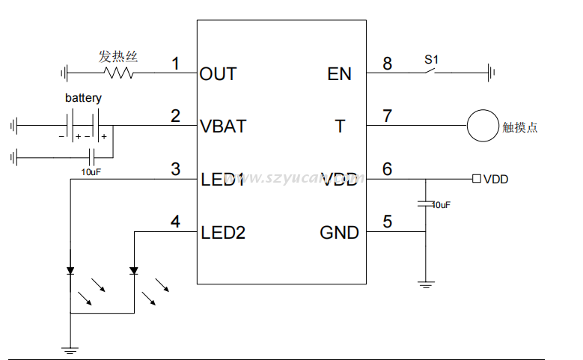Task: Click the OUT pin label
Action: point(218,73)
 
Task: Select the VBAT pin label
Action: point(223,126)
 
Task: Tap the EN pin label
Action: point(339,73)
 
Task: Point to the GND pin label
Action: point(339,233)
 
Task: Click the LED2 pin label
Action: point(223,233)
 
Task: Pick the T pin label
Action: point(340,126)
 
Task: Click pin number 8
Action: point(387,64)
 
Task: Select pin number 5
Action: point(387,222)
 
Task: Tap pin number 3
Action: point(175,169)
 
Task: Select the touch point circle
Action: point(483,126)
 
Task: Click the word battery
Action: point(83,98)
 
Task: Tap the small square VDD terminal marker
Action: point(476,179)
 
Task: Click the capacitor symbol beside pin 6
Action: point(425,203)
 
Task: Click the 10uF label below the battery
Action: point(91,171)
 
